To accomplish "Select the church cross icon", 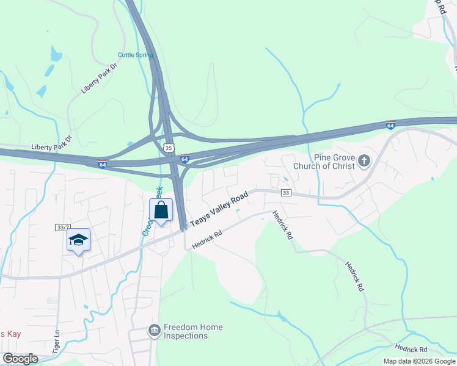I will click(x=364, y=161).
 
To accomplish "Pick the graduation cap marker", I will click(x=78, y=240).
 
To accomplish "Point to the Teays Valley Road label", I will click(x=219, y=210).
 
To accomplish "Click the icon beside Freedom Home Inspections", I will click(x=154, y=331).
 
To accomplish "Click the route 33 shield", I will click(x=285, y=193).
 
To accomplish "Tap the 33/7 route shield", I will click(x=62, y=227).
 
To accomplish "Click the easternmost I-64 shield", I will click(x=390, y=125).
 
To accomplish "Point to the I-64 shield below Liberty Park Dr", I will click(x=103, y=164).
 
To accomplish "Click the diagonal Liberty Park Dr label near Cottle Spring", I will click(x=98, y=77).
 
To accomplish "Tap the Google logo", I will click(x=20, y=359).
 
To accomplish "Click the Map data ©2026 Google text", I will click(x=420, y=361).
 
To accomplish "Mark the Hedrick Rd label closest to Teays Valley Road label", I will click(x=206, y=239).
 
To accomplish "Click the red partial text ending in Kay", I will click(x=10, y=334).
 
